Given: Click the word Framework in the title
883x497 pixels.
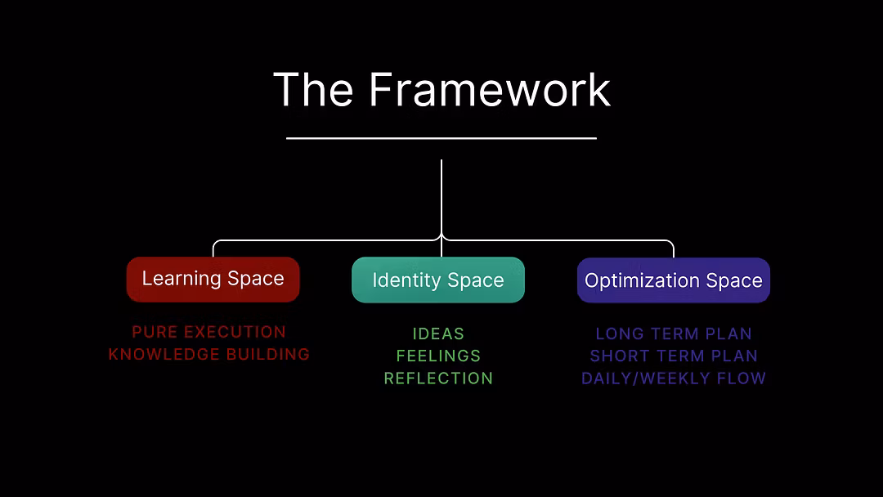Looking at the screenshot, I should coord(489,89).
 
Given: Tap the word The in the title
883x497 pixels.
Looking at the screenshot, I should coord(313,89).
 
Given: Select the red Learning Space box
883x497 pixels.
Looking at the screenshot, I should coord(213,279).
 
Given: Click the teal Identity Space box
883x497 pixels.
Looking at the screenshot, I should coord(438,280).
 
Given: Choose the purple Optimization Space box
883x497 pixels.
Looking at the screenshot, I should coord(674,280).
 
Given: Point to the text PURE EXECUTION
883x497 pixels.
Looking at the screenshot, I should coord(209,332).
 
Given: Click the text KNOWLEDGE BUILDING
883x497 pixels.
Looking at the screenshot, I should coord(209,354).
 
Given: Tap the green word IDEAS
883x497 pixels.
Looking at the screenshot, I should coord(438,334).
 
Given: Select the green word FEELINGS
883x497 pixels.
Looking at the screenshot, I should coord(438,356).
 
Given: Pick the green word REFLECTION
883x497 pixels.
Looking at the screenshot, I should coord(438,378).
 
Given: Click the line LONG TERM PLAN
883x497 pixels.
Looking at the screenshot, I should coord(674,334).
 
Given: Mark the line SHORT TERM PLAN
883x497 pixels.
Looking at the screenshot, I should coord(674,356).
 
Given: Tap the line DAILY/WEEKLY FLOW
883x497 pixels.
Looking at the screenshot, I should coord(674,378).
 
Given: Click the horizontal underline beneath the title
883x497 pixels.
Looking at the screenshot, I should coord(441,138).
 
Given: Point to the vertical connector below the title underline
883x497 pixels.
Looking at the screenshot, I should coord(441,196).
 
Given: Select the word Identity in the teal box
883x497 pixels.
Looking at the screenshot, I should coord(404,280).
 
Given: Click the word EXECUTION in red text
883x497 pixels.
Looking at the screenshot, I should coord(235,332).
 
